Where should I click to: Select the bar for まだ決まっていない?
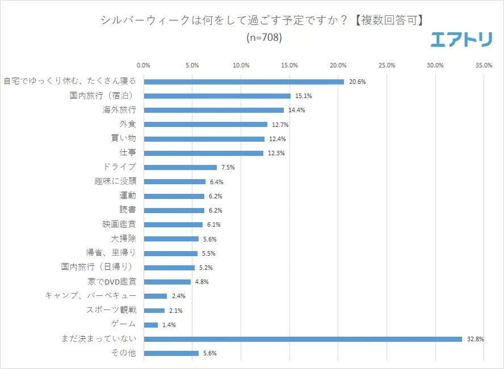pyautogui.click(x=303, y=339)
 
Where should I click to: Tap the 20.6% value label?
pyautogui.click(x=357, y=82)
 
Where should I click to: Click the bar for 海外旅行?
pyautogui.click(x=214, y=110)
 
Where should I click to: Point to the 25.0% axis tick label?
pyautogui.click(x=387, y=66)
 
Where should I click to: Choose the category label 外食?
pyautogui.click(x=128, y=124)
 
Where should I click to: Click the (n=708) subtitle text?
pyautogui.click(x=264, y=38)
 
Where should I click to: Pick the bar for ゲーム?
pyautogui.click(x=151, y=325)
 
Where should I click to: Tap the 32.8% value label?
pyautogui.click(x=476, y=339)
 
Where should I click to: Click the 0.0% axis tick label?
pyautogui.click(x=144, y=66)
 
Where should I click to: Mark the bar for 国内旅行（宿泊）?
pyautogui.click(x=217, y=96)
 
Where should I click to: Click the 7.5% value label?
pyautogui.click(x=228, y=167)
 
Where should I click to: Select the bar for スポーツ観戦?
pyautogui.click(x=154, y=311)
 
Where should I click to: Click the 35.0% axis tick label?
pyautogui.click(x=484, y=66)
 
